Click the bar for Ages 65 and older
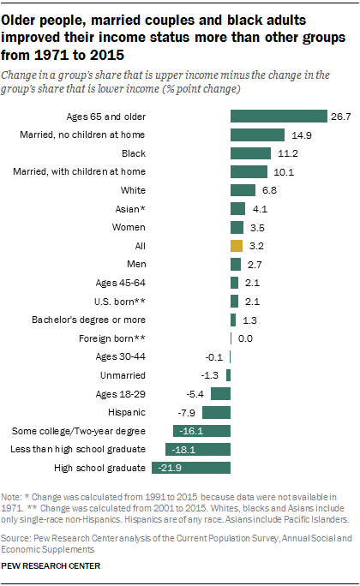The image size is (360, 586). pos(279,116)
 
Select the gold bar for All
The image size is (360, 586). pos(237,245)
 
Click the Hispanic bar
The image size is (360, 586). pos(216,411)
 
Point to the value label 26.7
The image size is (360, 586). pos(341,116)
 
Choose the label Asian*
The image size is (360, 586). pos(130,208)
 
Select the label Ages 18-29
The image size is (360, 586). pos(119,393)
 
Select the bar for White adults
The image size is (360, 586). pos(243,189)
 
